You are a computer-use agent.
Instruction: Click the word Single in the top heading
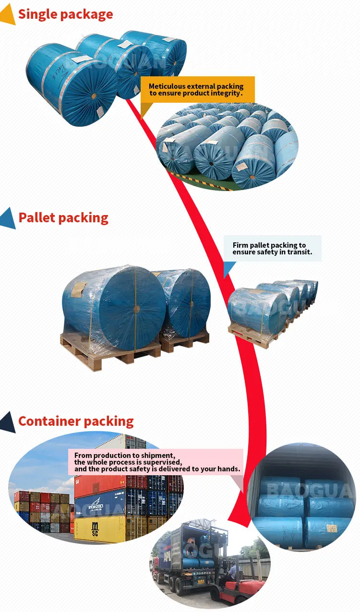(x=38, y=14)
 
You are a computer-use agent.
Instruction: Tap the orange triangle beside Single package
(x=7, y=16)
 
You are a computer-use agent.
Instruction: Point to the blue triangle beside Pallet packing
(x=8, y=218)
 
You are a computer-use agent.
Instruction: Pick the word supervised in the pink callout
(x=161, y=462)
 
